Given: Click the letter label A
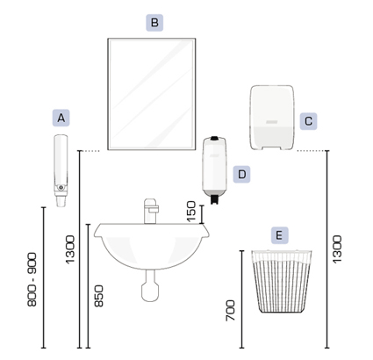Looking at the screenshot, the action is coord(61,118).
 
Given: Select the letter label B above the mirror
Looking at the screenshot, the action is coord(154,23).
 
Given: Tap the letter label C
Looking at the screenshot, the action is coord(308,121).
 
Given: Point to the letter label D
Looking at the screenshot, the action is coord(241,175).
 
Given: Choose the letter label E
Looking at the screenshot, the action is coord(279,235).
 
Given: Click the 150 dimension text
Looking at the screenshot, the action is coord(190,211).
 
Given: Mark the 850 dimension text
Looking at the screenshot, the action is coord(99,296).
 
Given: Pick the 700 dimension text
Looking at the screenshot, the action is coord(231,310).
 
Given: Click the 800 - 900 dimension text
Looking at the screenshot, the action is coord(32,279).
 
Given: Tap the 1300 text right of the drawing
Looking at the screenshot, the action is coord(337,249).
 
